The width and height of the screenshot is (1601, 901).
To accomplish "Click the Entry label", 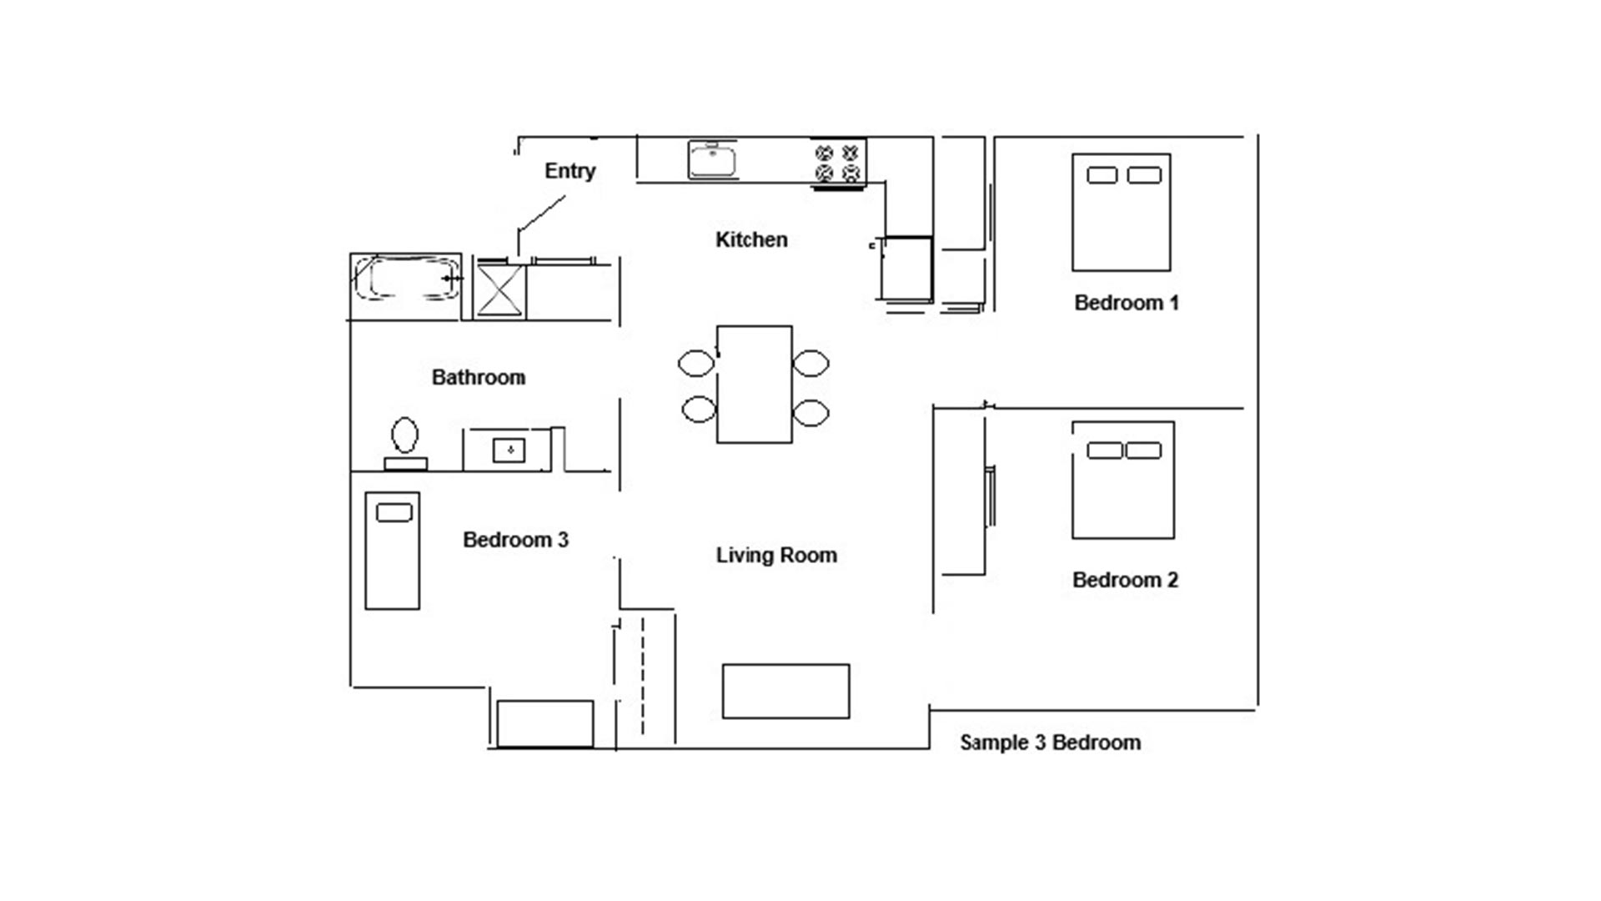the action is pos(570,171).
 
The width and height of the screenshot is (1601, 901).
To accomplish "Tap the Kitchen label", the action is pos(751,239).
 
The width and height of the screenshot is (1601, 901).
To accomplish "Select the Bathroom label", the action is pos(479,377).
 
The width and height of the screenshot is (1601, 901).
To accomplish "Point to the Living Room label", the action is pos(776,555).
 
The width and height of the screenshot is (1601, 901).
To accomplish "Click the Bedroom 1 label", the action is pos(1127,302).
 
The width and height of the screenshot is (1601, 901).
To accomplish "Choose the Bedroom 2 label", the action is pos(1126,580).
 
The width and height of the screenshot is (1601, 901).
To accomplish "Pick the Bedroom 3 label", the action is pos(515,540).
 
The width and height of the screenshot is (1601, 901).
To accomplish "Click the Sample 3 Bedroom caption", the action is pos(1051,742).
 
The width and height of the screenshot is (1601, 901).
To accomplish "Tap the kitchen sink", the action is pos(712,159).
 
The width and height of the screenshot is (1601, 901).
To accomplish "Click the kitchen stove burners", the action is pos(837,163).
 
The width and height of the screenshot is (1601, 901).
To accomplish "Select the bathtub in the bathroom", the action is pos(406,279).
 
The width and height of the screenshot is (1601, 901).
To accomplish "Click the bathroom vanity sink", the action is pos(509,450).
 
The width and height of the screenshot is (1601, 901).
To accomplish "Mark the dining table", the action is pos(755,384).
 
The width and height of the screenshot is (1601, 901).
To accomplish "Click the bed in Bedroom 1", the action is pos(1122,212).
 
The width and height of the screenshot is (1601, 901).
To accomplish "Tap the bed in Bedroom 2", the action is pos(1123,480).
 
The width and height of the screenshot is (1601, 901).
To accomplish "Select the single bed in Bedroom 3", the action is pos(392,551).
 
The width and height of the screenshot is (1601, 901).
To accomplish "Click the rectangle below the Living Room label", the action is pos(785,691).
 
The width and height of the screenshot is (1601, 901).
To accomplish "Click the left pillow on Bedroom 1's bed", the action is pos(1102,175).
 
